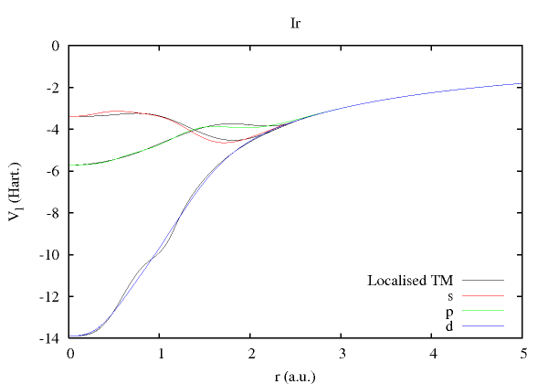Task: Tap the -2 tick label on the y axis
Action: point(53,88)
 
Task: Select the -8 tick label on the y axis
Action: point(53,213)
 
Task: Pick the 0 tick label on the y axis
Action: point(57,46)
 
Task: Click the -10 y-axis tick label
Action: point(50,255)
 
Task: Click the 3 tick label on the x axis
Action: point(341,353)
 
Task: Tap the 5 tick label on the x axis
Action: point(522,353)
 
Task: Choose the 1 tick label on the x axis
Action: point(160,353)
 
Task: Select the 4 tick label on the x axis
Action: point(431,353)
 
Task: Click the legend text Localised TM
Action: point(410,280)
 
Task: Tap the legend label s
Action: point(449,295)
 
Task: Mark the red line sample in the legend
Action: point(483,295)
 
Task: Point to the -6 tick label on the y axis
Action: point(53,171)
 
